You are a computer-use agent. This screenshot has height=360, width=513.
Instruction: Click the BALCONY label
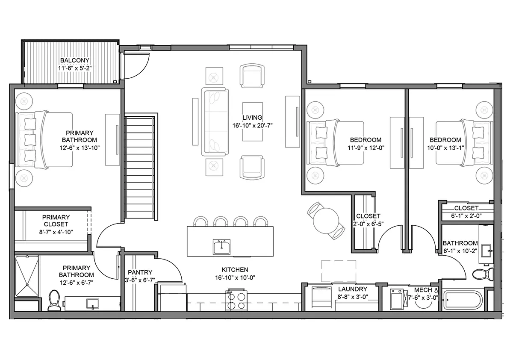(75, 60)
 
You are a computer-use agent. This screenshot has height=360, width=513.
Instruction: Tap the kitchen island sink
(221, 247)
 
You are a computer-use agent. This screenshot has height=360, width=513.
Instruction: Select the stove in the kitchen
(236, 300)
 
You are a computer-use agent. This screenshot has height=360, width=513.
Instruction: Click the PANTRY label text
(140, 272)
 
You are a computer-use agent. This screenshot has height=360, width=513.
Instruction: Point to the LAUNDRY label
(353, 289)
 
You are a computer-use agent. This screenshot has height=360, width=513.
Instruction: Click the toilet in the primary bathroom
(54, 300)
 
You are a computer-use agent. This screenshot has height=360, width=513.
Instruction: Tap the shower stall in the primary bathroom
(27, 276)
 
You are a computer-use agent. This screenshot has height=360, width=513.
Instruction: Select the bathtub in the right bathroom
(463, 300)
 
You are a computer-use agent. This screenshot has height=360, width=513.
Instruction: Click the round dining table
(326, 221)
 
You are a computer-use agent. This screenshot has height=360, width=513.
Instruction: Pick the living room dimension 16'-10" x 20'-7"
(252, 126)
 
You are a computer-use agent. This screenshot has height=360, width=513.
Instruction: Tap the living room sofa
(215, 122)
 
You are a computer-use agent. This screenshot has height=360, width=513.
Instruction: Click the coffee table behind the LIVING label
(253, 122)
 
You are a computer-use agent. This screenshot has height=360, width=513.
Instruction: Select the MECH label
(423, 290)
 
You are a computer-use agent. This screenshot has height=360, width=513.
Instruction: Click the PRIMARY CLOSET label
(56, 221)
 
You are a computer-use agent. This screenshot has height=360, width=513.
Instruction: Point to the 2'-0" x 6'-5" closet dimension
(368, 224)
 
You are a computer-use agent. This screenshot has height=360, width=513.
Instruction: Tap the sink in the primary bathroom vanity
(93, 304)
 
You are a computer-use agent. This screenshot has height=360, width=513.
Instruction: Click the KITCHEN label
(235, 269)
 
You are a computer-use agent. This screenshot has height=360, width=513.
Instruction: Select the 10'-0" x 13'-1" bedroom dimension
(445, 148)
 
